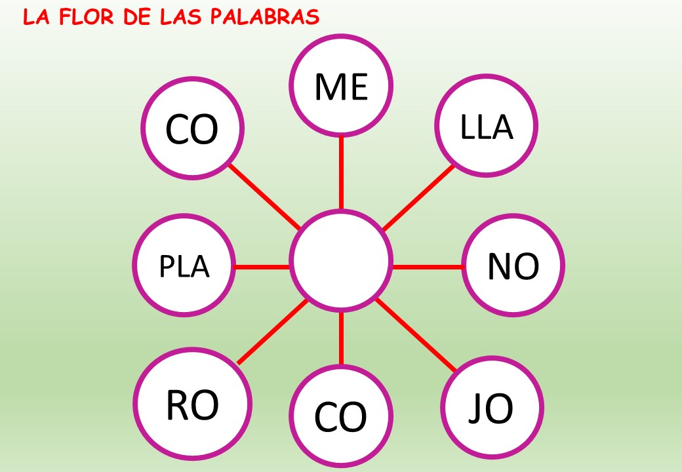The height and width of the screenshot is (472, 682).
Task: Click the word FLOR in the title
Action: pyautogui.click(x=86, y=17)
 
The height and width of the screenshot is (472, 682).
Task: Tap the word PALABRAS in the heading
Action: pyautogui.click(x=264, y=17)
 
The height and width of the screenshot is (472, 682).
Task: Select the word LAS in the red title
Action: pyautogui.click(x=182, y=17)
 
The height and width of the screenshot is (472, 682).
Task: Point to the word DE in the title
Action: pyautogui.click(x=136, y=17)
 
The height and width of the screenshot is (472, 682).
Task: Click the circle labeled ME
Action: pyautogui.click(x=341, y=85)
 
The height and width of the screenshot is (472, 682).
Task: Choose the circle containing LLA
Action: pyautogui.click(x=487, y=126)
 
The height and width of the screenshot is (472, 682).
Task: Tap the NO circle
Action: pyautogui.click(x=513, y=265)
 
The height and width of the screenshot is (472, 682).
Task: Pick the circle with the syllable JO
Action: pyautogui.click(x=492, y=408)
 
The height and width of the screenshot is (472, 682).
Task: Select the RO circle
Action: pyautogui.click(x=192, y=404)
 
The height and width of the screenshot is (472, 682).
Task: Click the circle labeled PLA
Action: pyautogui.click(x=184, y=265)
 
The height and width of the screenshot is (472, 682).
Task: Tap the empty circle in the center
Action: pyautogui.click(x=341, y=261)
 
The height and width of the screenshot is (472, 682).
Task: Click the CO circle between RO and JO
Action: pyautogui.click(x=341, y=416)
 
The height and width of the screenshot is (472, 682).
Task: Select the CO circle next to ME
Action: pyautogui.click(x=192, y=128)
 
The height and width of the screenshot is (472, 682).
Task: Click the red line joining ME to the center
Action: pyautogui.click(x=341, y=173)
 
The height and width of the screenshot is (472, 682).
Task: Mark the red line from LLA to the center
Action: pyautogui.click(x=418, y=198)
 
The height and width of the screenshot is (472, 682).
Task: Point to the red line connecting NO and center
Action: pyautogui.click(x=427, y=267)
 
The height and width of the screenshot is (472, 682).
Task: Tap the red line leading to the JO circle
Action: pyautogui.click(x=416, y=334)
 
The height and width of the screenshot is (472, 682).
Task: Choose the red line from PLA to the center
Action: pyautogui.click(x=262, y=267)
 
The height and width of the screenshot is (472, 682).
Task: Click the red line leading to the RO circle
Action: pyautogui.click(x=273, y=331)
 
